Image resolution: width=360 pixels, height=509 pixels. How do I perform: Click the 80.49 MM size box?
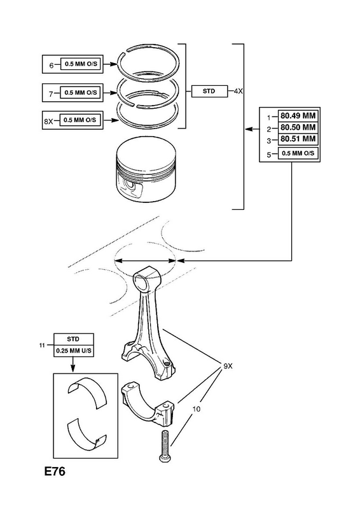[x=298, y=116]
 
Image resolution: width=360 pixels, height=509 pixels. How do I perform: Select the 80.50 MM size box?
[x=298, y=127]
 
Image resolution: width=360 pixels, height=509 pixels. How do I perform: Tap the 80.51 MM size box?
[x=298, y=139]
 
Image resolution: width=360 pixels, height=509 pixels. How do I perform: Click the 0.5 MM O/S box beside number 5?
[x=298, y=153]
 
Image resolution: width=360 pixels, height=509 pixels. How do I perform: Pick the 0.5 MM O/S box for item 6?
[x=81, y=64]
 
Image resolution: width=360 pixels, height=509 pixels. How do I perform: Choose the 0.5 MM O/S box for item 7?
[x=81, y=92]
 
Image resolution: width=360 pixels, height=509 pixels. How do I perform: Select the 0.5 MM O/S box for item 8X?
[x=80, y=120]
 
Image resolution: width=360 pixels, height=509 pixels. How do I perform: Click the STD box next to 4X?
[x=209, y=91]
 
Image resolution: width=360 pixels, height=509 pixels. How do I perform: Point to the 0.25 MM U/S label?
[x=74, y=351]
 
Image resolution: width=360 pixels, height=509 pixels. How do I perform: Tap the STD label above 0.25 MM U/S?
[x=73, y=339]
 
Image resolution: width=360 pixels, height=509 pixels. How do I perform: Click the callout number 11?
[x=42, y=345]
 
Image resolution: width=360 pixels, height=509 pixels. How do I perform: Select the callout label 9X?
[x=228, y=366]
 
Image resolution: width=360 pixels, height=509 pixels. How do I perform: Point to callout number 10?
[x=197, y=409]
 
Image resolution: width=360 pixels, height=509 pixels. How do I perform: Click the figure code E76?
[x=55, y=471]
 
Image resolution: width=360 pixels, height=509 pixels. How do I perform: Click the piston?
[x=146, y=169]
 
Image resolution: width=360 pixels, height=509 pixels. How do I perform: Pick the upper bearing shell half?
[x=88, y=392]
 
